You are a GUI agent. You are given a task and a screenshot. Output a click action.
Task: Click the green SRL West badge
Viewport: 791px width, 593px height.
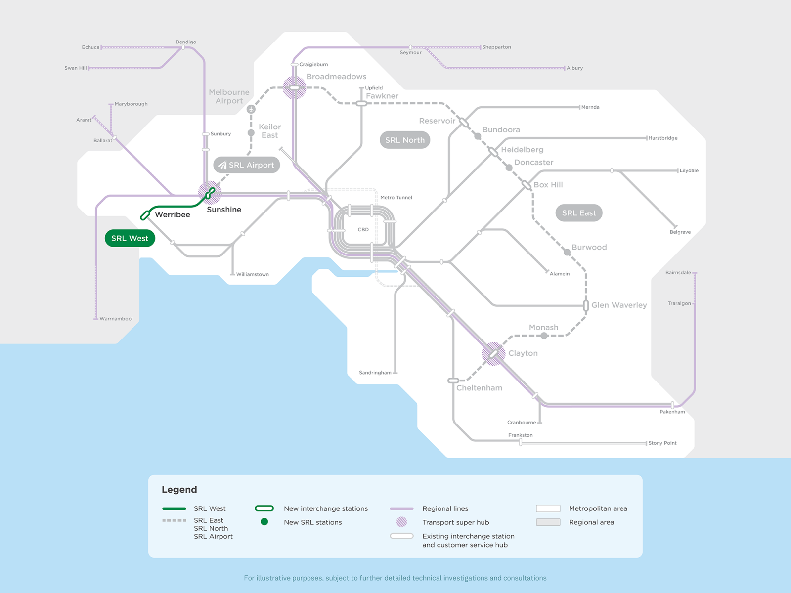click(x=130, y=238)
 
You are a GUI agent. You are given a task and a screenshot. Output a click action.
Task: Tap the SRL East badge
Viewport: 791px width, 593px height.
click(x=579, y=213)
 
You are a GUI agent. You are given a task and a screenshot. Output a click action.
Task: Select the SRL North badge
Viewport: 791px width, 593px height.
click(x=405, y=140)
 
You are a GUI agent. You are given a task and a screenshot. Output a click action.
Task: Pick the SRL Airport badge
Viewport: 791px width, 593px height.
click(x=247, y=165)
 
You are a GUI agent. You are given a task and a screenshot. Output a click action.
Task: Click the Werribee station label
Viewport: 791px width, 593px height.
click(x=172, y=214)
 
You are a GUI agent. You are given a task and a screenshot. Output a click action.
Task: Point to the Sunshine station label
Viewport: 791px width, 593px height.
click(x=224, y=210)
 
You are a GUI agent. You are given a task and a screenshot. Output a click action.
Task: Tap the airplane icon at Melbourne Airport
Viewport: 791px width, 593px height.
click(x=251, y=109)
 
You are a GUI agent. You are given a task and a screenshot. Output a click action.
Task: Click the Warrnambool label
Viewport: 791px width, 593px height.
click(x=116, y=319)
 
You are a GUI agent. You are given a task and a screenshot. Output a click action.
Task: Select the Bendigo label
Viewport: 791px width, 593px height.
click(x=186, y=42)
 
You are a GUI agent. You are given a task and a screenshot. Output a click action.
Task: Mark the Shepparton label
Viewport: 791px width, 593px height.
click(x=496, y=47)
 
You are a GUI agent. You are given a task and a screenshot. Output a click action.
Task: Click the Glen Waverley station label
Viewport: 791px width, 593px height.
click(x=619, y=305)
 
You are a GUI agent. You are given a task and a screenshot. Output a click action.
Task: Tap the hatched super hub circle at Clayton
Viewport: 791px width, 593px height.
click(x=493, y=354)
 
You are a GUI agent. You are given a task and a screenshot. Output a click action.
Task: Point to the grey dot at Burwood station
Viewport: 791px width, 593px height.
click(x=567, y=252)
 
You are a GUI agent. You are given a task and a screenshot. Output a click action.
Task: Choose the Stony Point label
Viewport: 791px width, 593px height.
click(x=662, y=443)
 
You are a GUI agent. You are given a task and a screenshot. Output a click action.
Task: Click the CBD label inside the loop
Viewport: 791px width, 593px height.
click(x=363, y=230)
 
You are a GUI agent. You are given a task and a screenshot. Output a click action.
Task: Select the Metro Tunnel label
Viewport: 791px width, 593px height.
click(x=396, y=198)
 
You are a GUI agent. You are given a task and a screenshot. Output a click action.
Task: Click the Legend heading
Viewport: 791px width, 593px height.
click(x=179, y=490)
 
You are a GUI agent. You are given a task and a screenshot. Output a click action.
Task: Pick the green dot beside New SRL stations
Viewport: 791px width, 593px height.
click(x=264, y=522)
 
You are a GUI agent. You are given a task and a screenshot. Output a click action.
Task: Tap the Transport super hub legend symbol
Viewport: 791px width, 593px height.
click(x=402, y=522)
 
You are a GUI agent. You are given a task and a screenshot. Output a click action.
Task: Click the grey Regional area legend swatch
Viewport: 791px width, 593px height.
click(x=548, y=522)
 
